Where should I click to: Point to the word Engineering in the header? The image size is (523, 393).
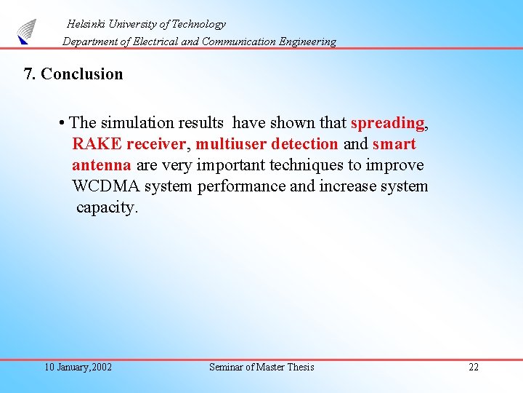(x=306, y=41)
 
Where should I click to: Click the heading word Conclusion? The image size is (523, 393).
(x=82, y=74)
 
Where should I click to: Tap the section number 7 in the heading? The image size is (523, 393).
(x=28, y=74)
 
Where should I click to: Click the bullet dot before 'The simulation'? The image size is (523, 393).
(x=64, y=123)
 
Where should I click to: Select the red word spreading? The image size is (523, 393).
(x=387, y=123)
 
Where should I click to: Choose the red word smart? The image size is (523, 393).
(x=394, y=144)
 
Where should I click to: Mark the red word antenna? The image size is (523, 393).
(x=101, y=165)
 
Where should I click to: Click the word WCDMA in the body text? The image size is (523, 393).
(x=106, y=186)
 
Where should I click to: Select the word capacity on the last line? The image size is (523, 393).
(x=106, y=207)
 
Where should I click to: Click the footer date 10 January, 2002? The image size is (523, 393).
(x=78, y=367)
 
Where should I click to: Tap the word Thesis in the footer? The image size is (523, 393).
(x=301, y=367)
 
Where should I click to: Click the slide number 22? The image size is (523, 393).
(x=474, y=367)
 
